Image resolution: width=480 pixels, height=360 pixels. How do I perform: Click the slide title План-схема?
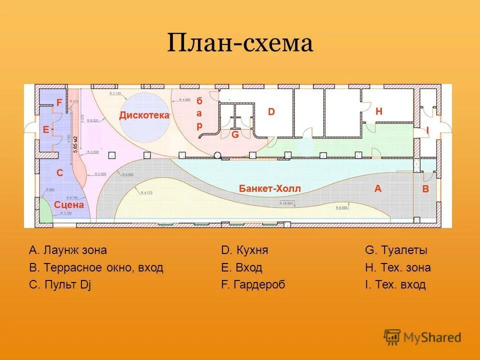pyautogui.click(x=240, y=44)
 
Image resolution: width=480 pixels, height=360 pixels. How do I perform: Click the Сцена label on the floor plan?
pyautogui.click(x=69, y=204)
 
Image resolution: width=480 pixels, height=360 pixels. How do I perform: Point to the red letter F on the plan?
pyautogui.click(x=59, y=102)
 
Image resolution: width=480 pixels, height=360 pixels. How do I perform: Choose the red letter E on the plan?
pyautogui.click(x=46, y=129)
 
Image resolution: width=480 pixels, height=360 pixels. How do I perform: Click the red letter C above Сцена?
pyautogui.click(x=59, y=173)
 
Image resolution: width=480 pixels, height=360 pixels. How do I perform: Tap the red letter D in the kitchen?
pyautogui.click(x=271, y=112)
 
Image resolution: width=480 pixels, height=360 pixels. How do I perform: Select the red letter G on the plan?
pyautogui.click(x=234, y=134)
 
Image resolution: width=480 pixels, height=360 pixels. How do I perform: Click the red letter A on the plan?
pyautogui.click(x=378, y=188)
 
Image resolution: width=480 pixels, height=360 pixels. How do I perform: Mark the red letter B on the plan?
pyautogui.click(x=425, y=189)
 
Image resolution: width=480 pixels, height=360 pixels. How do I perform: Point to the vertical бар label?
pyautogui.click(x=199, y=113)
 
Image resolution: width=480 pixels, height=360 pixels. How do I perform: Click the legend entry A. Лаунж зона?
pyautogui.click(x=68, y=250)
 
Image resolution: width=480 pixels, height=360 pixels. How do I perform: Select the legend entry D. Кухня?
pyautogui.click(x=248, y=250)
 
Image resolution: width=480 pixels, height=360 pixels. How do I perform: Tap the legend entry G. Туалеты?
pyautogui.click(x=396, y=250)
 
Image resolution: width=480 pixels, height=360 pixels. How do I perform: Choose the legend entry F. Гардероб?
pyautogui.click(x=253, y=284)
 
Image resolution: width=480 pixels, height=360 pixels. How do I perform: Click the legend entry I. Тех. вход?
pyautogui.click(x=395, y=284)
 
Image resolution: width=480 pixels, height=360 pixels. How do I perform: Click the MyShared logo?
pyautogui.click(x=422, y=337)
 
